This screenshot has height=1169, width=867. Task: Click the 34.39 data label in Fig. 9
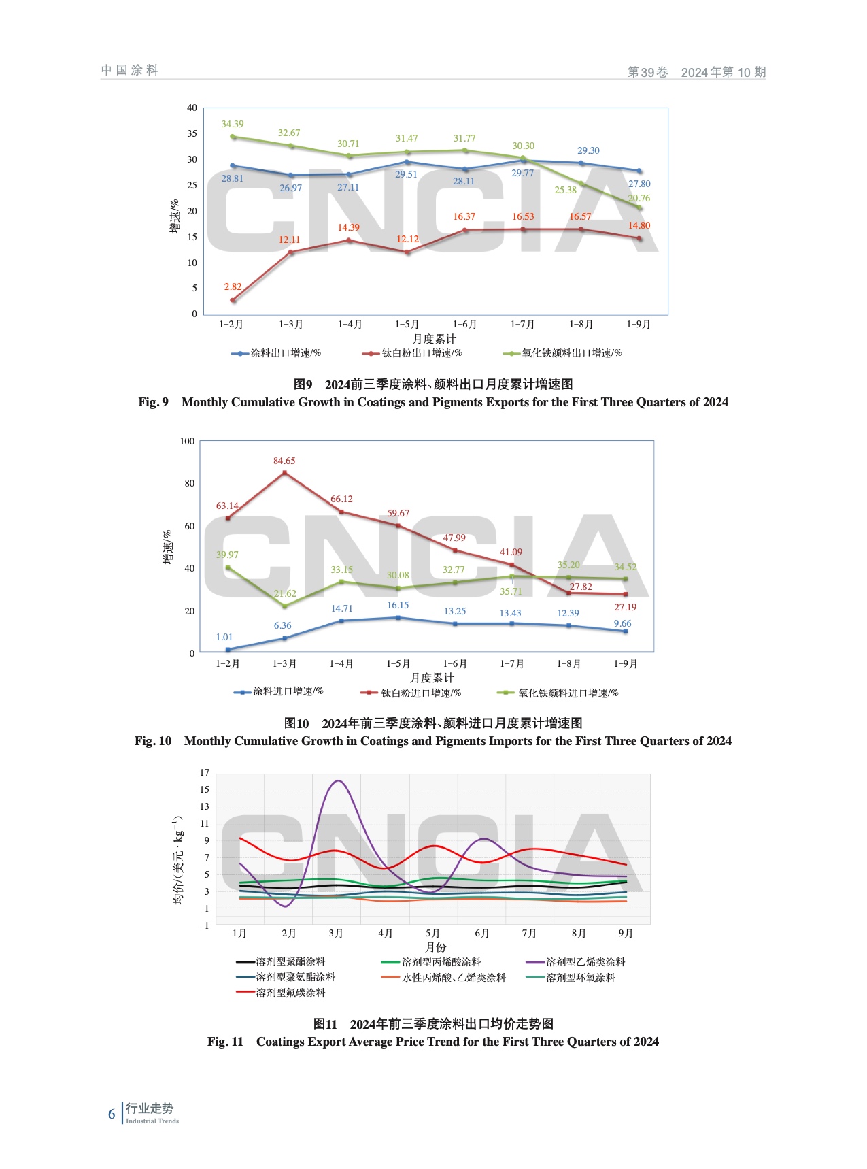pos(233,124)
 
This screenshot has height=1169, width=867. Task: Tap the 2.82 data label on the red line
pos(233,286)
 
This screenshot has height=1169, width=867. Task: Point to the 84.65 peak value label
pos(284,461)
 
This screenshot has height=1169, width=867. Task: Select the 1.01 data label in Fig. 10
pos(224,637)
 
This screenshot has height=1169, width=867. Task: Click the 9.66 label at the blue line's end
pos(622,623)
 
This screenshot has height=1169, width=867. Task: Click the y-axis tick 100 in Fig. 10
pos(187,441)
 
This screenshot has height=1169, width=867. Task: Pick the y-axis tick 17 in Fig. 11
pos(204,772)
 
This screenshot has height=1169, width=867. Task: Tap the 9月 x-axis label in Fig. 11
pos(625,934)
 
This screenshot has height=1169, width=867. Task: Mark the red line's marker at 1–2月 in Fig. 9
pos(233,300)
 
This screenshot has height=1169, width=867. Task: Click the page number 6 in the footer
pos(112,1114)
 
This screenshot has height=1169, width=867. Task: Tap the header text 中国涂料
pos(130,70)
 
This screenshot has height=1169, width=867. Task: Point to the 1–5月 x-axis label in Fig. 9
pos(407,325)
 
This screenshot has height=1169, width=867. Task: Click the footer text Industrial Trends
pos(152,1121)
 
